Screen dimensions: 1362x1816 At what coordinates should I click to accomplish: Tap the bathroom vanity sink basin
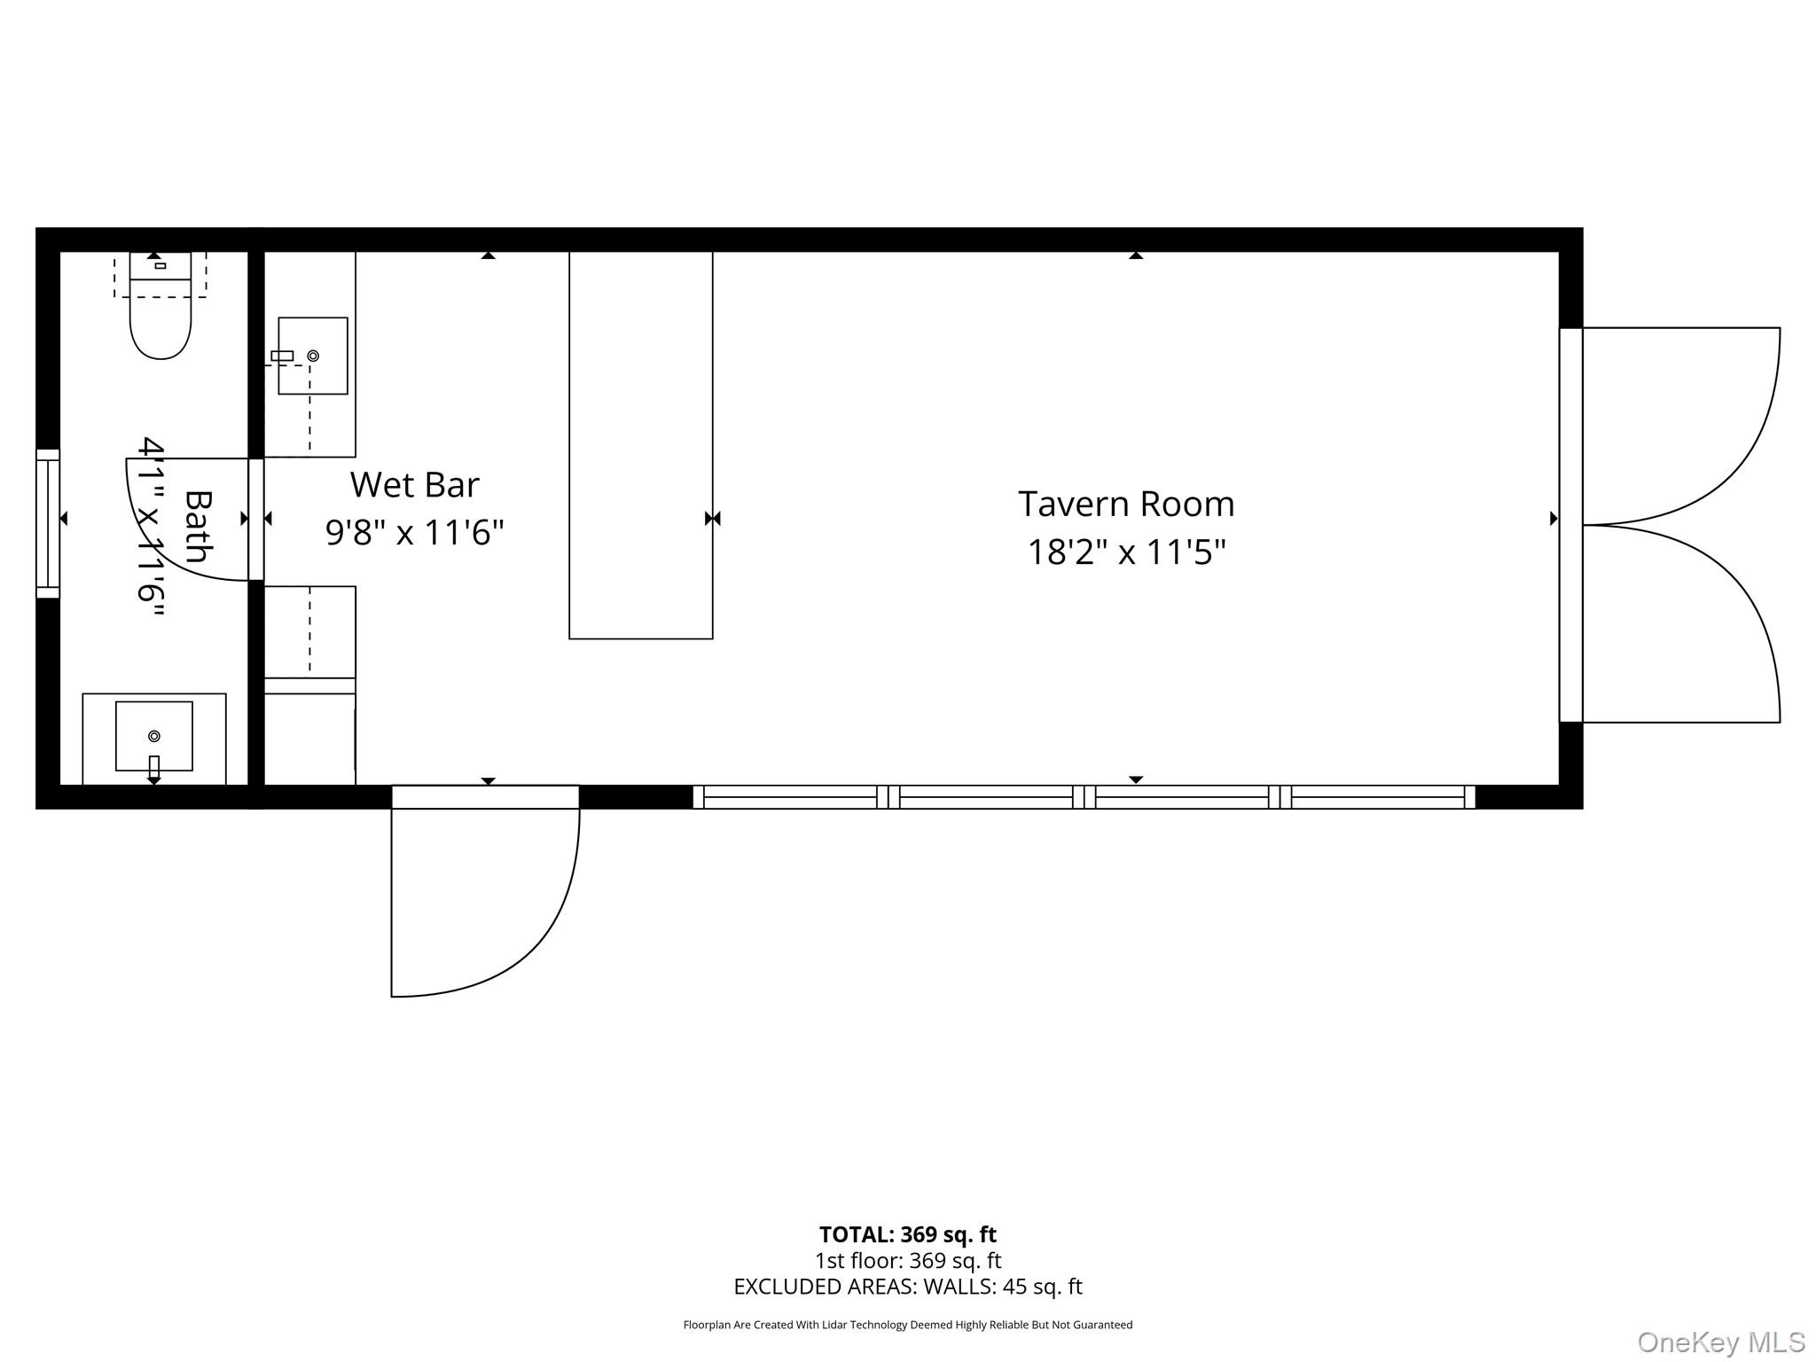(153, 735)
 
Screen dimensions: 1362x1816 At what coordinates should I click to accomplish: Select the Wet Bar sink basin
(312, 356)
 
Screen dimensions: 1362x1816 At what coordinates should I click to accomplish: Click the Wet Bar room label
(414, 485)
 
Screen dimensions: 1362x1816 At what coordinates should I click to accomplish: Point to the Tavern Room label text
(1125, 505)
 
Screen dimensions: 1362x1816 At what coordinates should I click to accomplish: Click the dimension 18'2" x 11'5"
(1125, 552)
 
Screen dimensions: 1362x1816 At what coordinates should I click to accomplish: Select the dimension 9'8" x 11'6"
(414, 533)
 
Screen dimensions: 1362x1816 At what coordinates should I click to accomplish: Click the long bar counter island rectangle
(640, 443)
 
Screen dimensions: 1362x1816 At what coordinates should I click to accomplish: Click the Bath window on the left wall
(47, 523)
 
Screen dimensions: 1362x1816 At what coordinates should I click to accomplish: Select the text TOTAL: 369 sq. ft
(907, 1234)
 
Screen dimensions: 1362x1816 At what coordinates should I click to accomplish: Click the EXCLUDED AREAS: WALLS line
(907, 1287)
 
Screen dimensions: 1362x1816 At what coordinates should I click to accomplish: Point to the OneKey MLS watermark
(1720, 1342)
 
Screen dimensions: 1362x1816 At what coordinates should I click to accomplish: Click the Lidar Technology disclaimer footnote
(907, 1325)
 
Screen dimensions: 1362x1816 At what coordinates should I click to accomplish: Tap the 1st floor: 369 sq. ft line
(907, 1260)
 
